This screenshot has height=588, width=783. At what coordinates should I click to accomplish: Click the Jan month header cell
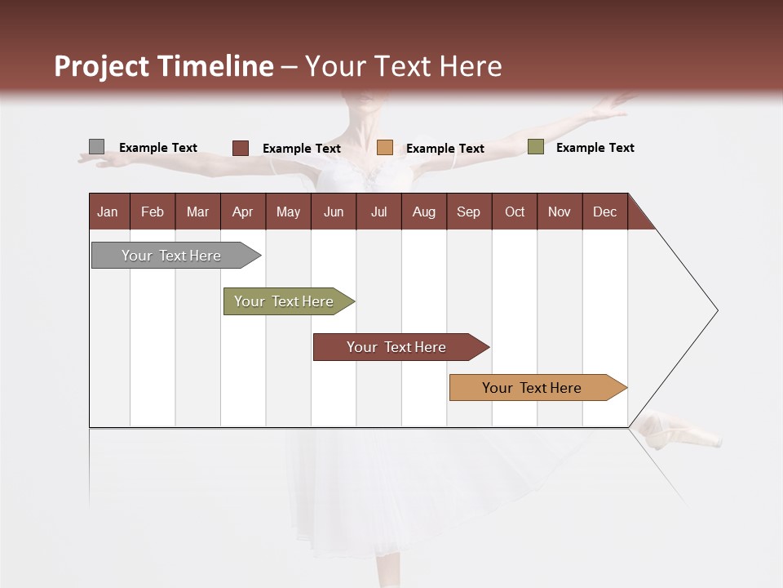point(108,212)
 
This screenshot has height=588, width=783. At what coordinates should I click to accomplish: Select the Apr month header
point(242,212)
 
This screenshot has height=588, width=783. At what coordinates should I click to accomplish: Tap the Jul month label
point(378,212)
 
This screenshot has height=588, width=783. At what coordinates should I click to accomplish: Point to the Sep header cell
point(468,212)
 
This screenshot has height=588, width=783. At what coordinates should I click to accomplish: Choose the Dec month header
point(604,212)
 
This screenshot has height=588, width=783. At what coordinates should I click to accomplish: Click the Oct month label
point(514,212)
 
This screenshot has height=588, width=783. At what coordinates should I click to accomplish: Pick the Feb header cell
point(153,212)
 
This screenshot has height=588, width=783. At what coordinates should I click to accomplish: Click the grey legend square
point(96,147)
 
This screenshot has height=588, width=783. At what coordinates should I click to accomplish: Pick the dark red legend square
point(240,148)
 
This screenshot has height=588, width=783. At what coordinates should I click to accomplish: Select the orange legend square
point(385,148)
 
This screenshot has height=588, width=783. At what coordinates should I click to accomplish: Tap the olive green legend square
point(535,147)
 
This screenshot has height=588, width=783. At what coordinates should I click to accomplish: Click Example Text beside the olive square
point(595,148)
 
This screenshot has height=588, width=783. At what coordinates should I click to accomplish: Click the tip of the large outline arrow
point(716,310)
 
